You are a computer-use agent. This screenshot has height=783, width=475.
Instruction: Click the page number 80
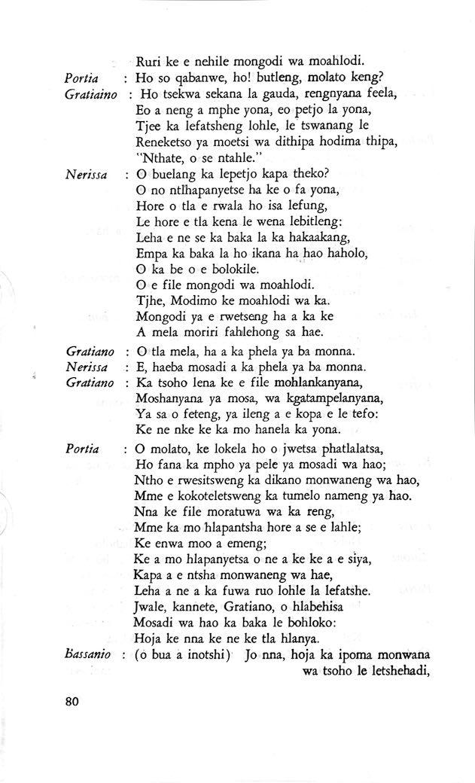coord(72,702)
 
